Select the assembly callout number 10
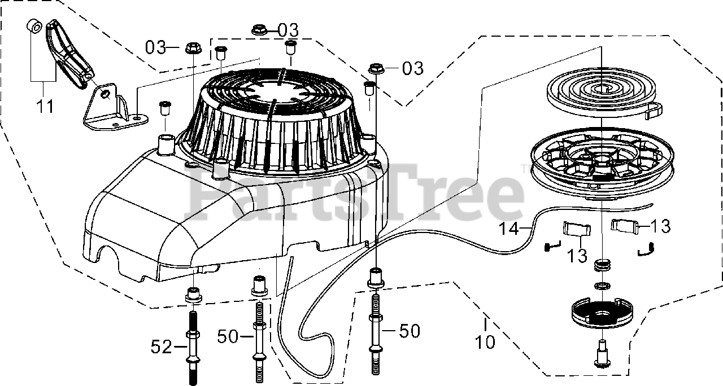(x=485, y=341)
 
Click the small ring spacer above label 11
(x=33, y=27)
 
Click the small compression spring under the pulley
(x=603, y=266)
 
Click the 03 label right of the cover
(x=412, y=68)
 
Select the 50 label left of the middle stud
(x=228, y=337)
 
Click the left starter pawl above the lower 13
(x=576, y=232)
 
